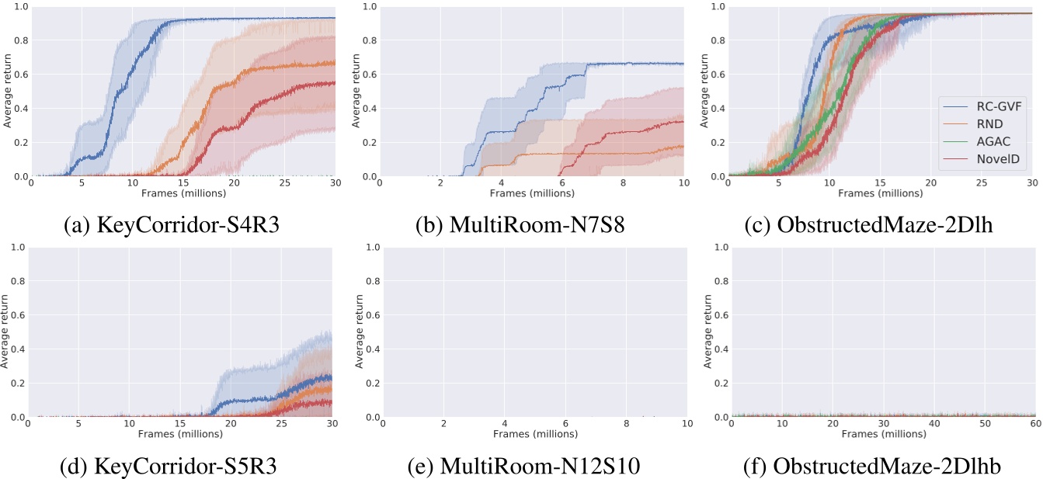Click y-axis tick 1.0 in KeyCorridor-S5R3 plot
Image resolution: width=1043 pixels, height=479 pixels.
point(16,248)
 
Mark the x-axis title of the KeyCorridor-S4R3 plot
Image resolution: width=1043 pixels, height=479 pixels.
point(183,193)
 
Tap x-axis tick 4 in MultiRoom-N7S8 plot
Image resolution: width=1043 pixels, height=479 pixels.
point(502,183)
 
